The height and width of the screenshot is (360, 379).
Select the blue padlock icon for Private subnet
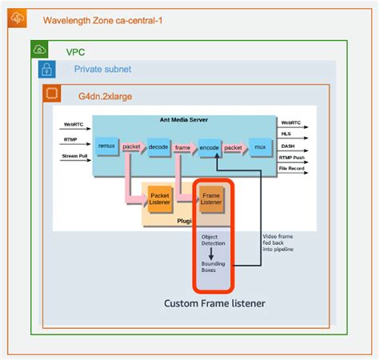49,70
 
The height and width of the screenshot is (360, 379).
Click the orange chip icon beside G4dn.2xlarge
54,94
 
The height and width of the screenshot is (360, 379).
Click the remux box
106,146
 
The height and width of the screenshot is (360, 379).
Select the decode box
158,147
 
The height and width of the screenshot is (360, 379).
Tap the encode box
209,147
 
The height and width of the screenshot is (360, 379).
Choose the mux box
259,147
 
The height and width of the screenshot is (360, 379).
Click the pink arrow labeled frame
183,147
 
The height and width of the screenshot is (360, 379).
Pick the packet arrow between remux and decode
132,147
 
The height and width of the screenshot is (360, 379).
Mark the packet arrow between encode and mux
233,147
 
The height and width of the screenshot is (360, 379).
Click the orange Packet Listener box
160,198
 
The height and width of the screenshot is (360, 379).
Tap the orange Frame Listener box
212,198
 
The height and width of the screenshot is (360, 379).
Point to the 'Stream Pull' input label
74,156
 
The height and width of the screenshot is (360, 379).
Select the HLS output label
286,134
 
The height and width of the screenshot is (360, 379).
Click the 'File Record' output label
293,168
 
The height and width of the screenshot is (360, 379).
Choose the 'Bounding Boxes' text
213,267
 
